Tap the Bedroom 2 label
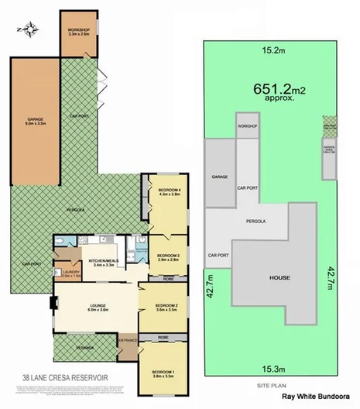[167, 307]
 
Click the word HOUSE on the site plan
[279, 276]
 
